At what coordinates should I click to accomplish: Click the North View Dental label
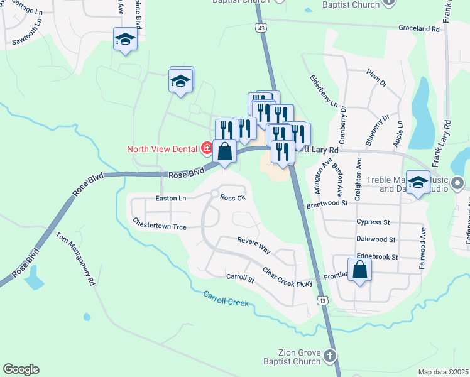click(163, 149)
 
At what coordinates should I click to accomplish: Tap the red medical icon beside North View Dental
click(207, 148)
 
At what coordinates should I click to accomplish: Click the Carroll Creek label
click(226, 298)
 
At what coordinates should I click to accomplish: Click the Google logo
click(21, 369)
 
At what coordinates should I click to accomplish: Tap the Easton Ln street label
click(171, 199)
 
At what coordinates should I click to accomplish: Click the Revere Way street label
click(253, 245)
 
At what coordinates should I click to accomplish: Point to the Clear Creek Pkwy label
click(287, 277)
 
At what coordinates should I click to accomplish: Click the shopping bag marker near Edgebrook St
click(359, 270)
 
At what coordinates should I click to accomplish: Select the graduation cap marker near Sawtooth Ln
click(125, 40)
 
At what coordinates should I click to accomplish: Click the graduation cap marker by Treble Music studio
click(418, 183)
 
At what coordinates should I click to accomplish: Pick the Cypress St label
click(373, 222)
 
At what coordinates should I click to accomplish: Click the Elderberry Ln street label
click(324, 90)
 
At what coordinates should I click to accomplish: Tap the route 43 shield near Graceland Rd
click(261, 28)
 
